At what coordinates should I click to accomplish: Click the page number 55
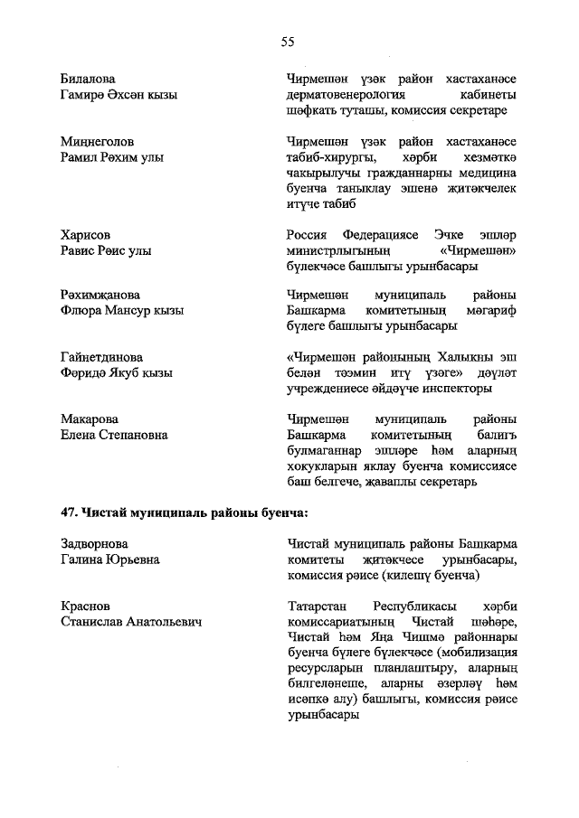tap(288, 42)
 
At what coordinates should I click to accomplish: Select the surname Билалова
tap(88, 79)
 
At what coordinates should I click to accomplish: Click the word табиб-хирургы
tap(325, 157)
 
